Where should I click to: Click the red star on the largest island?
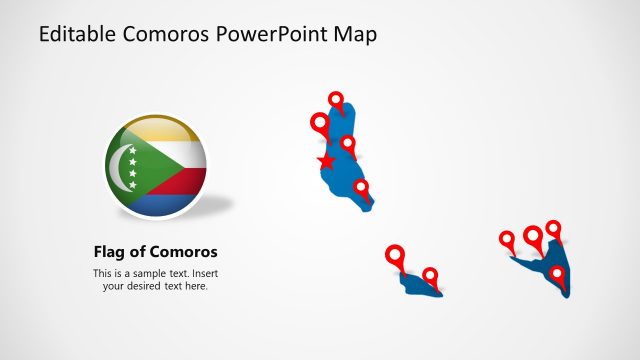pos(325,161)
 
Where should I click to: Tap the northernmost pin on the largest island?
pos(336,100)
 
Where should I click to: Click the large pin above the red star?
pos(320,124)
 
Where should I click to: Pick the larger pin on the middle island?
pos(396,255)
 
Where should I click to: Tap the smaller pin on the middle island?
pos(430,275)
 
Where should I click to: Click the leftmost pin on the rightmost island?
pos(507,240)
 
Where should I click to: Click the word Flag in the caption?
pos(110,252)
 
